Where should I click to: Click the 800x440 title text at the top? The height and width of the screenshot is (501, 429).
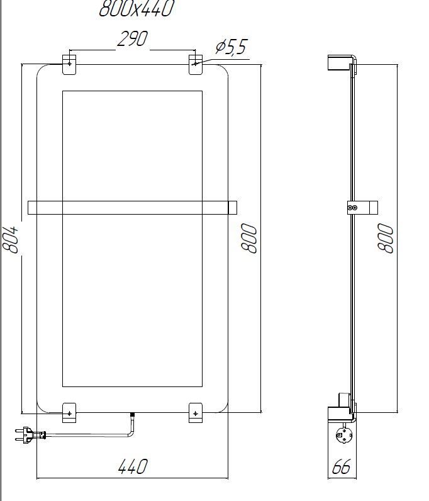(136, 9)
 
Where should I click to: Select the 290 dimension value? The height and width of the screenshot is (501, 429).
(132, 40)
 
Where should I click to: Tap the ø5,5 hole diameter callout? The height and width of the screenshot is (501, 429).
(231, 47)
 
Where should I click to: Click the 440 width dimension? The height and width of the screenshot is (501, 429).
(133, 467)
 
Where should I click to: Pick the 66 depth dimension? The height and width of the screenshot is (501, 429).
(341, 467)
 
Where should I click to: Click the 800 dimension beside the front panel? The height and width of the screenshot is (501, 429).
(250, 239)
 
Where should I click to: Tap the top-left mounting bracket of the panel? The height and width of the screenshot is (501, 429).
(69, 64)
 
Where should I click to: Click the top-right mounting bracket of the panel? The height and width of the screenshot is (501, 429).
(196, 64)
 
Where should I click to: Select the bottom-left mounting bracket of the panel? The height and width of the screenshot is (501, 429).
(69, 412)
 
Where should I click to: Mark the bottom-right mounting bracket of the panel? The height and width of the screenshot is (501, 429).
(196, 412)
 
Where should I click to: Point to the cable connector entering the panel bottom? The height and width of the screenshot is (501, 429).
(132, 417)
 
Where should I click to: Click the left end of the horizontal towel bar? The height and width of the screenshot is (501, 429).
(33, 208)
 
